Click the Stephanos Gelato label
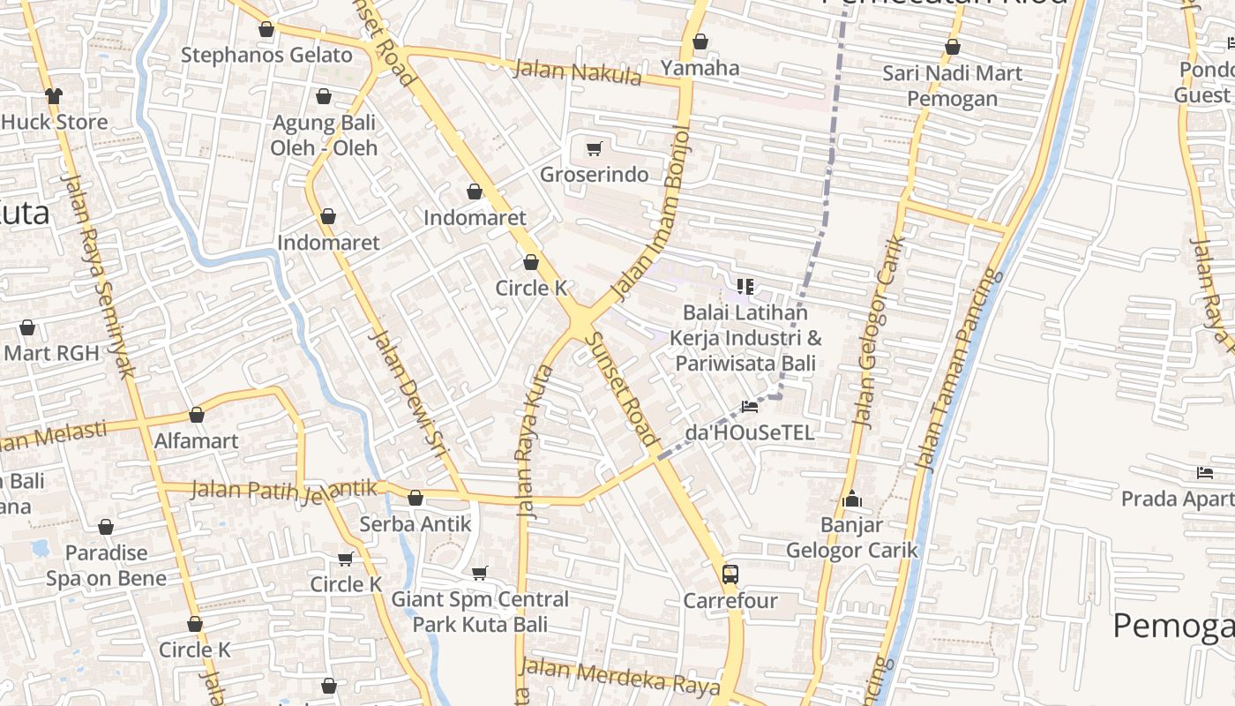point(266,55)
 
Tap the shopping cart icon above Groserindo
point(595,148)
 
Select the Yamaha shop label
point(700,68)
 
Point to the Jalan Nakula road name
point(578,72)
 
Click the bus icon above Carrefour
point(730,574)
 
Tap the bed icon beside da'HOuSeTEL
point(750,407)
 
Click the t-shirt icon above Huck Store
point(54,95)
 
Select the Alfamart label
point(196,440)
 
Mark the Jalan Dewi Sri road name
point(408,395)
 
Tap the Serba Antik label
point(415,523)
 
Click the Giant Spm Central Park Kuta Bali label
point(481,612)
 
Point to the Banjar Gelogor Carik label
point(851,537)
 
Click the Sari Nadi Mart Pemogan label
point(952,86)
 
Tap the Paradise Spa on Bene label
point(106,566)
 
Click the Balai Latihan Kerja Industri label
point(745,338)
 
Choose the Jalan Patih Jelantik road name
point(284,490)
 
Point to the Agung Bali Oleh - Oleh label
point(324,135)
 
